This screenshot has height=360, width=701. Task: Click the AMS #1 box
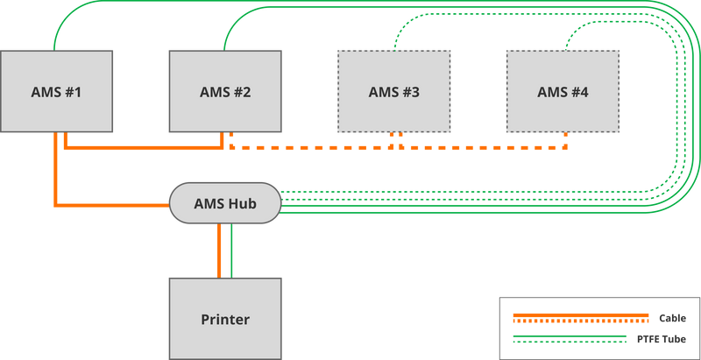tap(57, 70)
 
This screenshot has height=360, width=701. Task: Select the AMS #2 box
tap(225, 70)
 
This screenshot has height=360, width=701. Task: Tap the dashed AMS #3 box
tap(394, 70)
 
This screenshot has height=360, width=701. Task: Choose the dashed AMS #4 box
tap(563, 70)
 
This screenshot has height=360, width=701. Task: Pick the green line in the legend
tap(570, 338)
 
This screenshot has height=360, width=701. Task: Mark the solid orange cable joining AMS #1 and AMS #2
tap(140, 147)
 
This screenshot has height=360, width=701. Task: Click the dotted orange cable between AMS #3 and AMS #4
tap(482, 147)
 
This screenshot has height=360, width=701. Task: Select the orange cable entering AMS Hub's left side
tap(114, 206)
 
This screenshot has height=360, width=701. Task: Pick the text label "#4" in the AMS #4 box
tap(581, 92)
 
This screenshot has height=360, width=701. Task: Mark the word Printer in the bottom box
tap(225, 320)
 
